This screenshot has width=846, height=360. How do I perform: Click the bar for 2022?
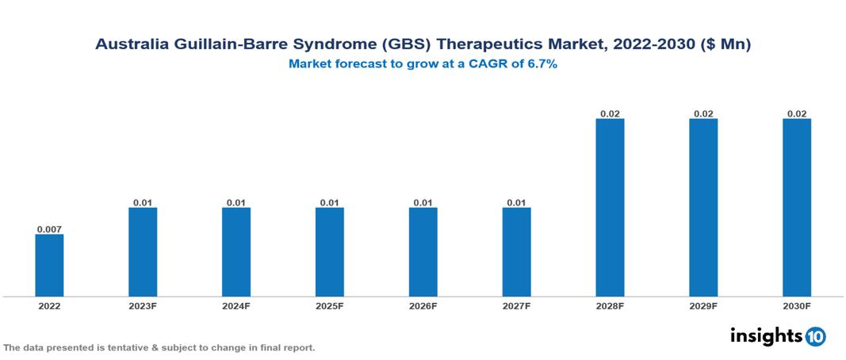pos(49,266)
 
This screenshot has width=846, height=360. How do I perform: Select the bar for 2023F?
pos(143,252)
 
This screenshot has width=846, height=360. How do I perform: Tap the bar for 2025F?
pos(330,252)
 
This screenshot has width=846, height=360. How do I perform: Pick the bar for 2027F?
pos(516,252)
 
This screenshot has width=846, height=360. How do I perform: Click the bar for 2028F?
pos(610,208)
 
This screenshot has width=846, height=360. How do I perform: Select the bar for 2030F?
pos(797,208)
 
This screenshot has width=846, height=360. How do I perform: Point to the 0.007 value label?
pos(49,229)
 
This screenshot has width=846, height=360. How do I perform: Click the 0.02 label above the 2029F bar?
pos(703,113)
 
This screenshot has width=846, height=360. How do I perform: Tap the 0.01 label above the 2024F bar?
pos(236,203)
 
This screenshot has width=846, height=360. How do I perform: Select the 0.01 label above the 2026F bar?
pos(423,203)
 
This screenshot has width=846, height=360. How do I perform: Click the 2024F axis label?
pos(236,306)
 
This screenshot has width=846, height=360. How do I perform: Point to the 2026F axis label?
pos(423,306)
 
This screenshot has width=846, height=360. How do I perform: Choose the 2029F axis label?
pos(703,306)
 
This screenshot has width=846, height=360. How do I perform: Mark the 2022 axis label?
pos(49,306)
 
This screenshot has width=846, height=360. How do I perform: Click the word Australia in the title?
pos(132,45)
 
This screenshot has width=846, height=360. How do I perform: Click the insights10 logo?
pos(778,336)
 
